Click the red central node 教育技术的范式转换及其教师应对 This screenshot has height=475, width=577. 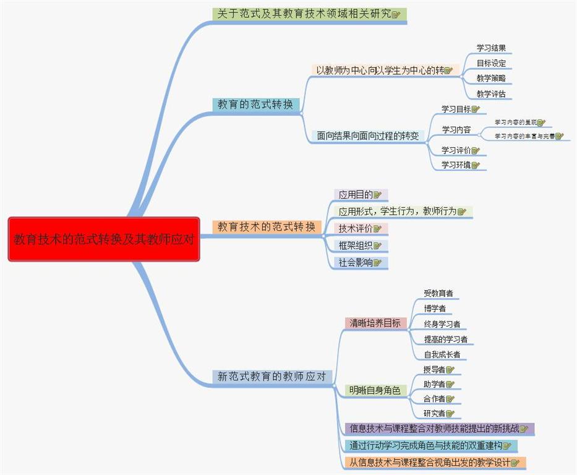click(104, 239)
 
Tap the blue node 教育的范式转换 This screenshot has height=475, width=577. click(255, 105)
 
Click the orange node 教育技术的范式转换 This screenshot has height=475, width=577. click(267, 226)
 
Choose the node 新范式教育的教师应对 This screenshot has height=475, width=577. click(272, 376)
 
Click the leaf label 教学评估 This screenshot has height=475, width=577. click(491, 94)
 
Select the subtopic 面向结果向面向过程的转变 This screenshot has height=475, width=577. click(367, 135)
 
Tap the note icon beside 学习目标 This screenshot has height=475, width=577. click(476, 109)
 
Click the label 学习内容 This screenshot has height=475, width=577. click(456, 130)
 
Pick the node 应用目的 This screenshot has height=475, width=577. click(356, 195)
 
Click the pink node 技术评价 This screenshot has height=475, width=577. click(356, 228)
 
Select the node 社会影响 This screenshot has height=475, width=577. click(356, 262)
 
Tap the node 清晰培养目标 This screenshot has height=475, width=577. click(375, 323)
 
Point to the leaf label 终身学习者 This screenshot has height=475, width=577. click(442, 324)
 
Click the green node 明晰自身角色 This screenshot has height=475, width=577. click(374, 390)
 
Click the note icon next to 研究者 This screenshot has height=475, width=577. click(450, 414)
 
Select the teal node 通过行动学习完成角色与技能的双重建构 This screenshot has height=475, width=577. click(425, 445)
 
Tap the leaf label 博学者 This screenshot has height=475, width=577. click(435, 309)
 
